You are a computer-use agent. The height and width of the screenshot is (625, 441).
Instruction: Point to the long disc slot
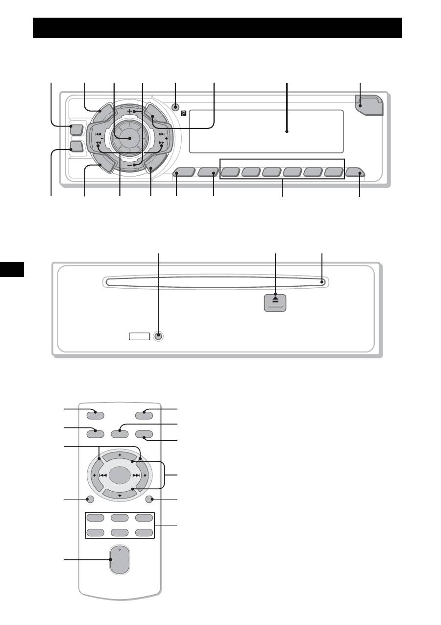[x=216, y=282]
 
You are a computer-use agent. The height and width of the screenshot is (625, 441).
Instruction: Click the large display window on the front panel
[x=266, y=131]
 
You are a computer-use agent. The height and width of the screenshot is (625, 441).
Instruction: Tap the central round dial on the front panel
[x=129, y=139]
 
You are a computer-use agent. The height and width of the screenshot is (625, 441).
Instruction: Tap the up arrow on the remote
[x=120, y=455]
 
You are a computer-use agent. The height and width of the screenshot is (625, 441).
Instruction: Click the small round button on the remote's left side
[x=89, y=500]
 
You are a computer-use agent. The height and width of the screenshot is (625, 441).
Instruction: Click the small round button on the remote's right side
[x=150, y=500]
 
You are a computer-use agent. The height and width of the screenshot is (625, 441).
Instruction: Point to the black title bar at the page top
[x=217, y=28]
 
